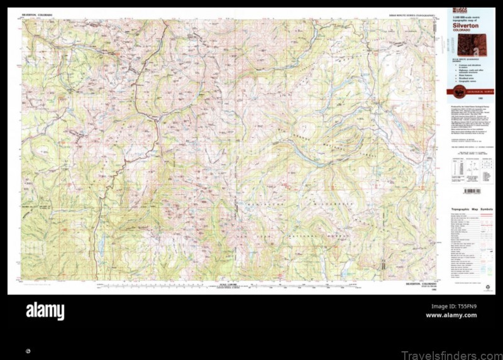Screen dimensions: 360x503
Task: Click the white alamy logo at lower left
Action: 45,311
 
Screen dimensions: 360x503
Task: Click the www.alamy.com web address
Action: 451,315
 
